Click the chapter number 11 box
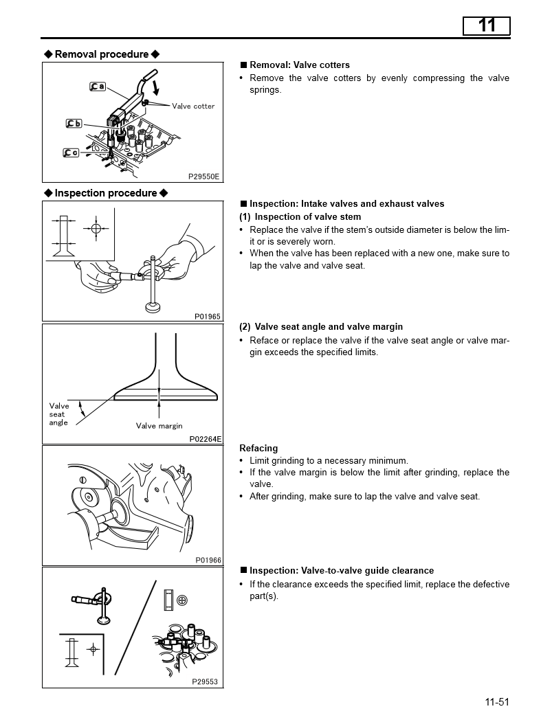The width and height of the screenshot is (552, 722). (x=486, y=25)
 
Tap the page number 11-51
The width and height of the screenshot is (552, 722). (x=496, y=701)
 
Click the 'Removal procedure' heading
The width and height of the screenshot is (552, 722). (x=102, y=54)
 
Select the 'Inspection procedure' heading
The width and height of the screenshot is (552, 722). (x=106, y=193)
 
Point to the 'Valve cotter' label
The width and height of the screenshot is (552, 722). (x=193, y=106)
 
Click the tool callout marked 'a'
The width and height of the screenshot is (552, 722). (x=98, y=87)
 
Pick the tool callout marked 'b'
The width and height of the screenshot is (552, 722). (x=74, y=124)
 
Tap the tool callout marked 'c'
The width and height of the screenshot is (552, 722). (x=71, y=153)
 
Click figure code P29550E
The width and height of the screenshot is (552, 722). (x=203, y=177)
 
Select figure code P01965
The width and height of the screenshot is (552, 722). (x=207, y=316)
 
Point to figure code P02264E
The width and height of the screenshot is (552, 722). (x=205, y=438)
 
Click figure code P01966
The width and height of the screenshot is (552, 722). (x=208, y=560)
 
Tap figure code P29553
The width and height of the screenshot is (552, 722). (x=205, y=681)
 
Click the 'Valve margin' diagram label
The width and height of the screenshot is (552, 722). (x=159, y=426)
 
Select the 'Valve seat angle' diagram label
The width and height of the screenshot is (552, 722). (x=59, y=414)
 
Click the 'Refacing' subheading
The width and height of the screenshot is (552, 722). (x=258, y=448)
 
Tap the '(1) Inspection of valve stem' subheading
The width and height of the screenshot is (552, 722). (x=300, y=217)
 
